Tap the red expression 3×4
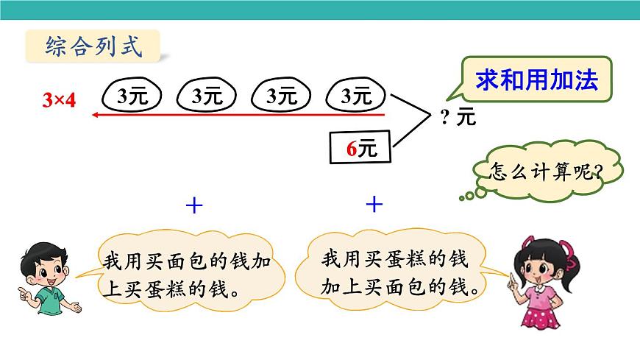pos(59,99)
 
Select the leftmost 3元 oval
pos(133,95)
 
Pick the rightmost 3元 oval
pos(358,95)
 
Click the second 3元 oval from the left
pos(207,95)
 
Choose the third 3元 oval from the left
pos(282,95)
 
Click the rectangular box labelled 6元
pos(360,148)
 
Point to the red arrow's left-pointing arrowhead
pos(96,115)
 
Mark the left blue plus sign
pos(194,205)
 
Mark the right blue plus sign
pos(374,204)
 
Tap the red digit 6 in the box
pos(352,149)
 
